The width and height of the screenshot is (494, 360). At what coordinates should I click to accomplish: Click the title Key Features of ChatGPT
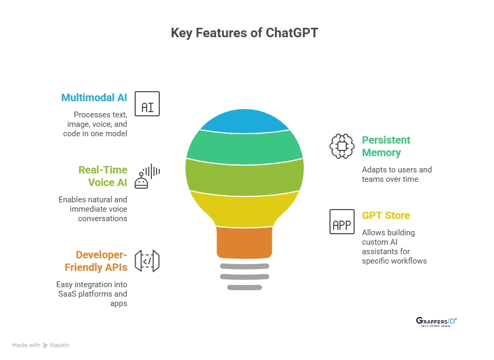pos(245,33)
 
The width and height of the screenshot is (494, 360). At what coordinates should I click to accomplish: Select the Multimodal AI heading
pos(94,97)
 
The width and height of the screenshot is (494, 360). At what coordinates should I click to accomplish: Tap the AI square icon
pos(147,104)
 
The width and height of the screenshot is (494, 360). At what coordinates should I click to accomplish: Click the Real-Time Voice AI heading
pos(103,176)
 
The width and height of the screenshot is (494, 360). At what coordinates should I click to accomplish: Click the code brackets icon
pos(147,261)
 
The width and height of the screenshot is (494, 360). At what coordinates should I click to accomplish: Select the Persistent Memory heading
pos(386,146)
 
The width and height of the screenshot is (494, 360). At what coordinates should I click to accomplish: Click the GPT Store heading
pos(386,215)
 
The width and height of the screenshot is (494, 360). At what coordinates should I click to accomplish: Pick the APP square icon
pos(342,222)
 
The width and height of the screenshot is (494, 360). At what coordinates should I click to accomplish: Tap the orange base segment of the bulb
pos(245,243)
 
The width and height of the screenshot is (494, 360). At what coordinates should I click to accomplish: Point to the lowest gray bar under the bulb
pos(245,287)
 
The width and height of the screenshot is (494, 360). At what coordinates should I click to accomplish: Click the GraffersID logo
pos(436,322)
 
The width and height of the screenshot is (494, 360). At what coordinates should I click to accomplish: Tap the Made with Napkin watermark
pos(41,345)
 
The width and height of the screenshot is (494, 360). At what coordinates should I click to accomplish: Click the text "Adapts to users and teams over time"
pos(397,174)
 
